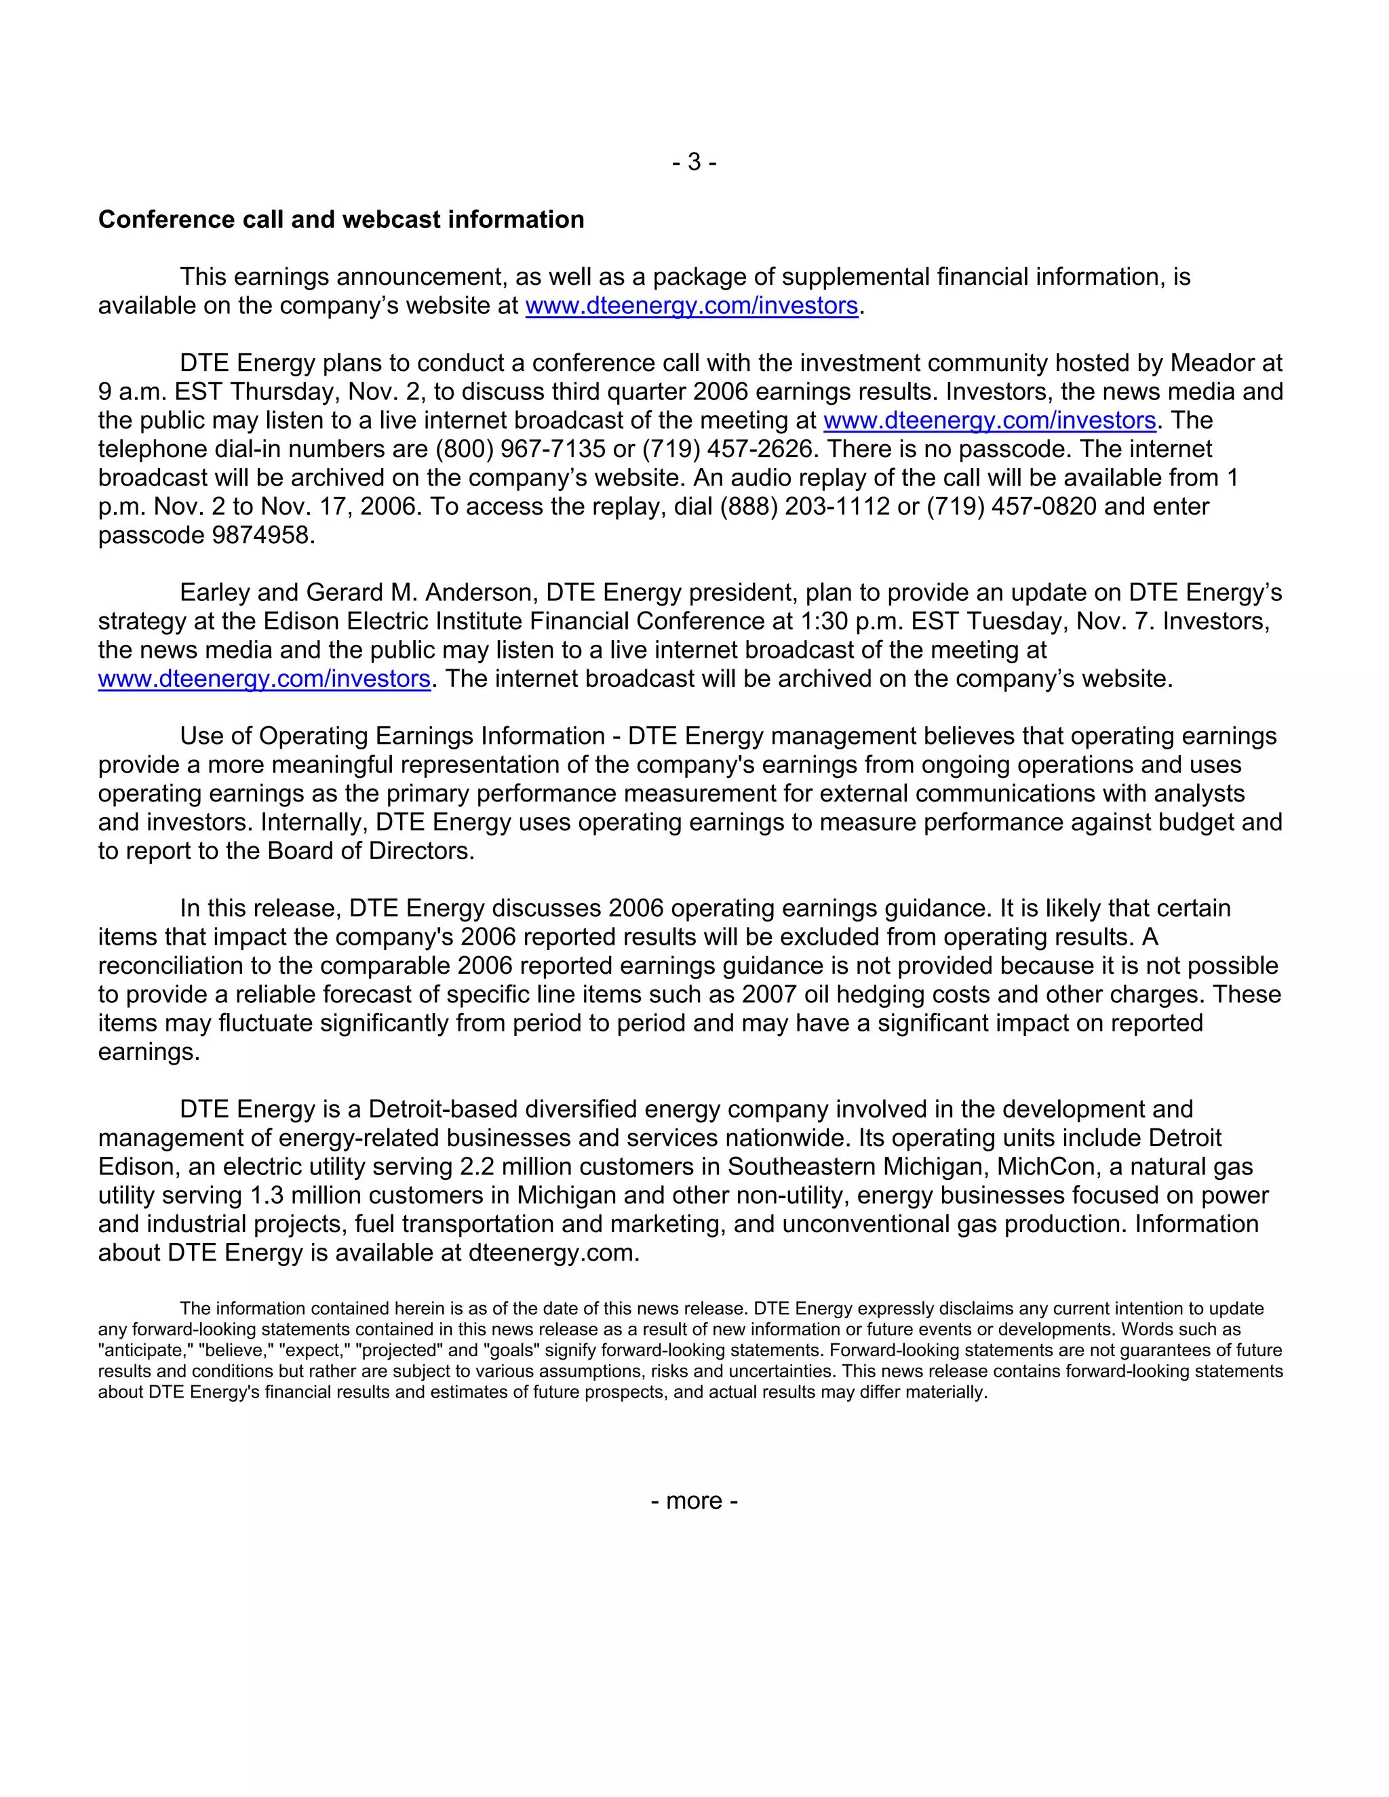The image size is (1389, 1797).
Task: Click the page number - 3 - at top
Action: point(694,162)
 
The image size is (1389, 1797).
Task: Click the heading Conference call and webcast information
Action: point(340,220)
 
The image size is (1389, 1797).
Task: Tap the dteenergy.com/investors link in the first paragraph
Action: point(691,306)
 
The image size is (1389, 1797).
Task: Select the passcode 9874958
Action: point(262,536)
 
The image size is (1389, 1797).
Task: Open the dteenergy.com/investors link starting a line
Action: point(264,679)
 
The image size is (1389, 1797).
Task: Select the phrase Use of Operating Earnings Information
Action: point(393,736)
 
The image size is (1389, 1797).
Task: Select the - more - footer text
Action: point(694,1501)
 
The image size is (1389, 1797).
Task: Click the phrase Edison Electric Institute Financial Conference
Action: point(528,621)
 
